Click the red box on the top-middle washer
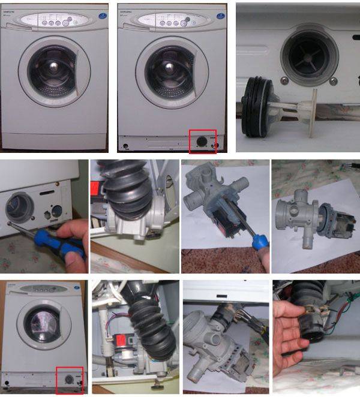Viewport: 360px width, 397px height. (202, 142)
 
